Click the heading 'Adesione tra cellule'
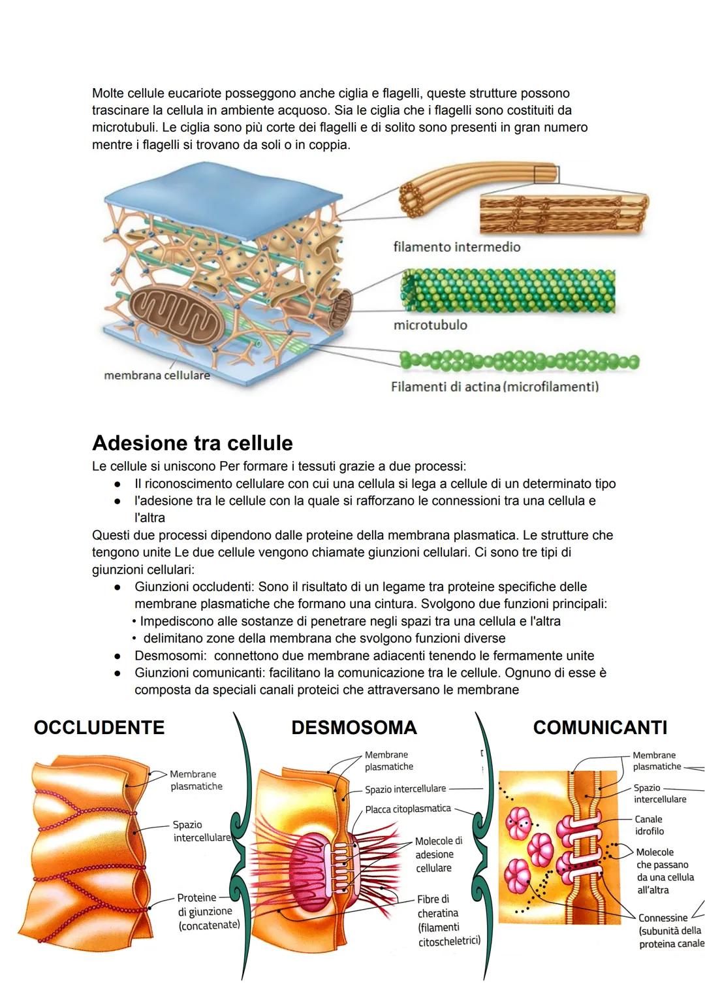193,443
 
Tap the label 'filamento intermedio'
456,247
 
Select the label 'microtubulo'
430,325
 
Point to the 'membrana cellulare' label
157,376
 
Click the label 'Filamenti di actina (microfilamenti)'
495,387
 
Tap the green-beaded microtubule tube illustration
508,291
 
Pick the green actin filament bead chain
519,361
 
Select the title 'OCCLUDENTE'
99,728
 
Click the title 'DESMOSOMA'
354,728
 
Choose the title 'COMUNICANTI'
600,728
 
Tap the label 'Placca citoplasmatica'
407,809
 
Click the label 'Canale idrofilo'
649,825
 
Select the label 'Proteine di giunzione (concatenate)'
208,911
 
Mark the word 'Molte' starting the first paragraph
108,93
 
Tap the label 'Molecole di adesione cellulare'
438,854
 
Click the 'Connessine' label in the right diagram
663,918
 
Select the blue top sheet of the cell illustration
223,198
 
